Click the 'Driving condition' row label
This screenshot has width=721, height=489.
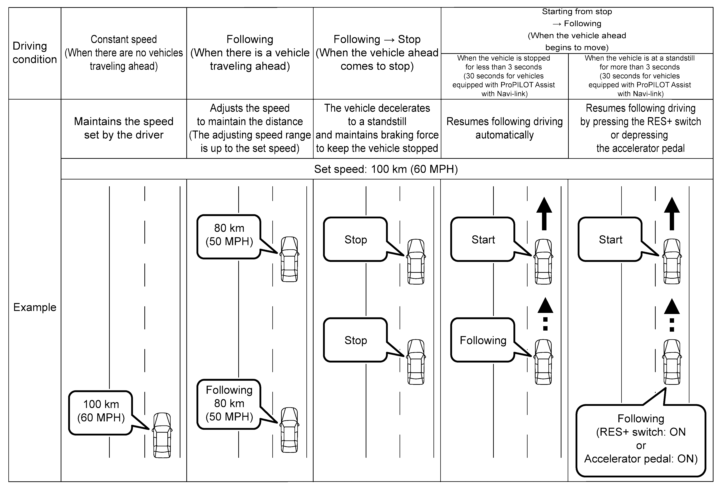click(34, 52)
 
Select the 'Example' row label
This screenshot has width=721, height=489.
click(35, 307)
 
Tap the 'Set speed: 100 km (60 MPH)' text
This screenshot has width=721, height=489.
click(386, 169)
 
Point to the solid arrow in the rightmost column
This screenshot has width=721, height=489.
click(672, 214)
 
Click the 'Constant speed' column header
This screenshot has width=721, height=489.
click(124, 53)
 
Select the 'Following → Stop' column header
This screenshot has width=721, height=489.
click(377, 53)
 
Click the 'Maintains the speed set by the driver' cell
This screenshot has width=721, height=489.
click(124, 128)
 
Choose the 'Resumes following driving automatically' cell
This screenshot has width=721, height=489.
click(505, 128)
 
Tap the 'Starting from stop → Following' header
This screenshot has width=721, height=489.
click(577, 29)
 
